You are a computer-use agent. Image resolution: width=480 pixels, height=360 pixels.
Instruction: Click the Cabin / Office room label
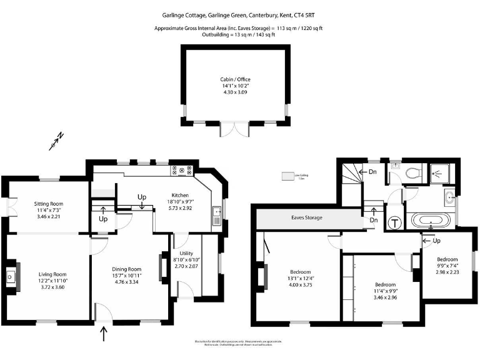pyautogui.click(x=234, y=79)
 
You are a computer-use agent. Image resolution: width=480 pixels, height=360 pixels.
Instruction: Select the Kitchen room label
pyautogui.click(x=181, y=194)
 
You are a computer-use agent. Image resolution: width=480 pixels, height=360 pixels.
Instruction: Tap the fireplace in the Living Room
pyautogui.click(x=11, y=276)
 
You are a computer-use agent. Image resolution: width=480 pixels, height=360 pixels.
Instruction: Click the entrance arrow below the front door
pyautogui.click(x=104, y=335)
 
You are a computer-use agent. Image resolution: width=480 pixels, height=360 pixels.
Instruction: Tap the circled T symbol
pyautogui.click(x=395, y=222)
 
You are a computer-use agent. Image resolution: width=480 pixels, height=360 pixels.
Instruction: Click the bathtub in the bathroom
pyautogui.click(x=428, y=220)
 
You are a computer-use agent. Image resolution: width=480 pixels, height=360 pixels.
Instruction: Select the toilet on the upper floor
pyautogui.click(x=412, y=173)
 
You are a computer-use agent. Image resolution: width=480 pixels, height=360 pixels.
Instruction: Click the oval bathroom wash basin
pyautogui.click(x=451, y=199)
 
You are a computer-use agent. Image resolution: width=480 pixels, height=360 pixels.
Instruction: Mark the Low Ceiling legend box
pyautogui.click(x=289, y=177)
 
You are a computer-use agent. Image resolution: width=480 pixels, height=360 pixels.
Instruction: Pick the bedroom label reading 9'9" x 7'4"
pyautogui.click(x=447, y=266)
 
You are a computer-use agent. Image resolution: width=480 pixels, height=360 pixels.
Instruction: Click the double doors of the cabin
pyautogui.click(x=234, y=128)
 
